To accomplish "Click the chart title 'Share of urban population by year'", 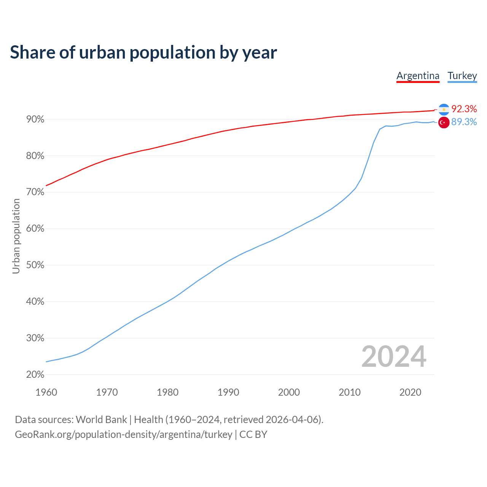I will (143, 52).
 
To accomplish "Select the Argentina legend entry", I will (418, 76).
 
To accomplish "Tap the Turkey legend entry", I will (462, 76).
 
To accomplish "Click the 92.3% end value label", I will (464, 109).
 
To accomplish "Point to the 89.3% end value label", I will (464, 122).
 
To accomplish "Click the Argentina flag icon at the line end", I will (444, 110).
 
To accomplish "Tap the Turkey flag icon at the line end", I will (444, 123).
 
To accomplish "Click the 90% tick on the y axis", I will (35, 119).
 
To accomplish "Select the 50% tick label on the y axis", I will (35, 265).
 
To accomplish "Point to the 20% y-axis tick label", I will (35, 375).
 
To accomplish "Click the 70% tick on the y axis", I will (35, 193).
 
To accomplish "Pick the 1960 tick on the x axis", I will (46, 392).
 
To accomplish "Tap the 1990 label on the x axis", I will (228, 392).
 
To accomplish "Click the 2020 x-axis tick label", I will (410, 392).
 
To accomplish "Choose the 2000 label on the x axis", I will (289, 392).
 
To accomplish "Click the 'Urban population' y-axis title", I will (16, 236).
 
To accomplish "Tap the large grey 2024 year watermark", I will (394, 356).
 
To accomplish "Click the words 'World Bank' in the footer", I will (102, 420).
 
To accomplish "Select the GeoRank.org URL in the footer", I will (124, 434).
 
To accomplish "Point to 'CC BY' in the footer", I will (253, 434).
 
